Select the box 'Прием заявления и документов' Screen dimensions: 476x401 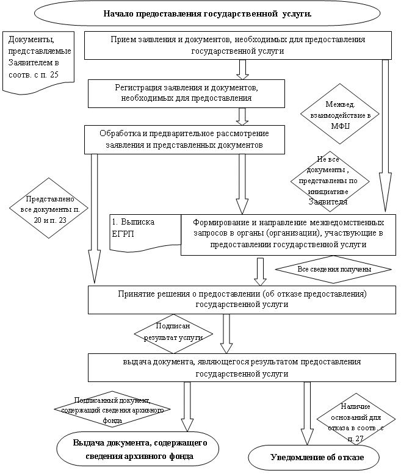coord(237,46)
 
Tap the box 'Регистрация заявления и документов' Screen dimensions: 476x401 coord(186,93)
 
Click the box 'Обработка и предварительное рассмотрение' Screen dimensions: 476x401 coord(184,139)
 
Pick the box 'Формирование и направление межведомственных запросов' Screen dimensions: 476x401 coord(288,234)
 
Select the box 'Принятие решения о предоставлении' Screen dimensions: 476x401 coord(242,299)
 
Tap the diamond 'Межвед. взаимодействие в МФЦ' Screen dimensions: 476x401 coord(339,114)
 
